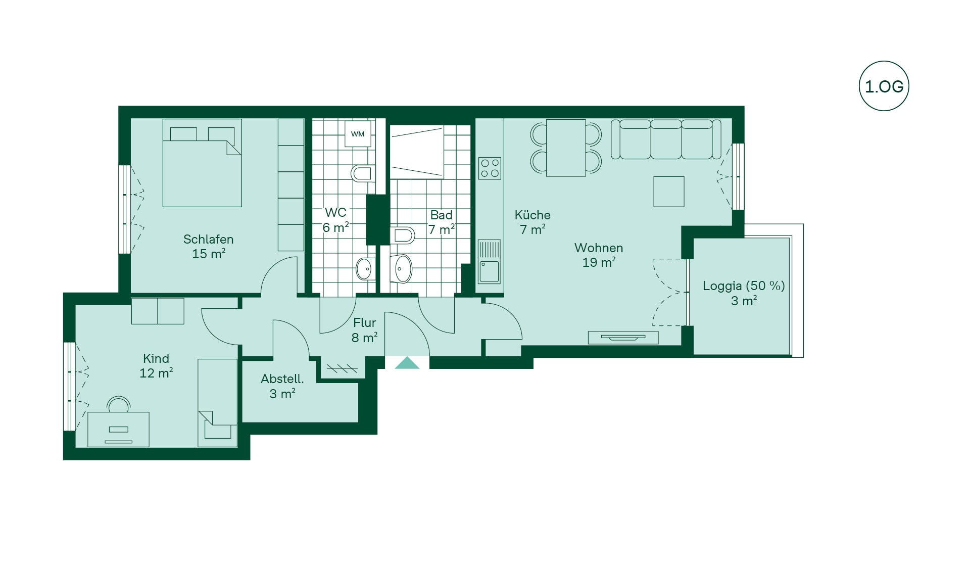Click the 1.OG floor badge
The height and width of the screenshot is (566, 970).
tap(884, 86)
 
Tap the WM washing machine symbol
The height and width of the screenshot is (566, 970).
tap(358, 134)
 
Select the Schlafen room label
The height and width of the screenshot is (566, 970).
tap(208, 239)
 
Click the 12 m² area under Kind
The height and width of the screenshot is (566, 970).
tap(156, 373)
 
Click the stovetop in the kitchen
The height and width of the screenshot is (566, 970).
tap(490, 168)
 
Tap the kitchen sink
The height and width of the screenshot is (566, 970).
tap(489, 262)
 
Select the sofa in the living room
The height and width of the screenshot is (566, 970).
tap(666, 139)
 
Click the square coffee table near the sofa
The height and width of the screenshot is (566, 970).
tap(669, 192)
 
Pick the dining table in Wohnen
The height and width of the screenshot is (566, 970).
tap(566, 148)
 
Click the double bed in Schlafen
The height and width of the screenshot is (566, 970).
tap(202, 163)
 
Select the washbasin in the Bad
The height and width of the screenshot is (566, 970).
tap(401, 268)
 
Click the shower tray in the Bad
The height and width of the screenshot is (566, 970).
tap(417, 152)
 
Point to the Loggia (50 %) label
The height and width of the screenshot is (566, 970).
tap(744, 286)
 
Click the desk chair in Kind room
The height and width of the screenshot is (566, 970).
tap(119, 404)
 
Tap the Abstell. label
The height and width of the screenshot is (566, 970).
tap(282, 379)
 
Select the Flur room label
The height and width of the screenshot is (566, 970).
tap(364, 322)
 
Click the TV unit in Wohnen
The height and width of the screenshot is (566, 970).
tap(623, 337)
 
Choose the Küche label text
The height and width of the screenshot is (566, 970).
tap(532, 215)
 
